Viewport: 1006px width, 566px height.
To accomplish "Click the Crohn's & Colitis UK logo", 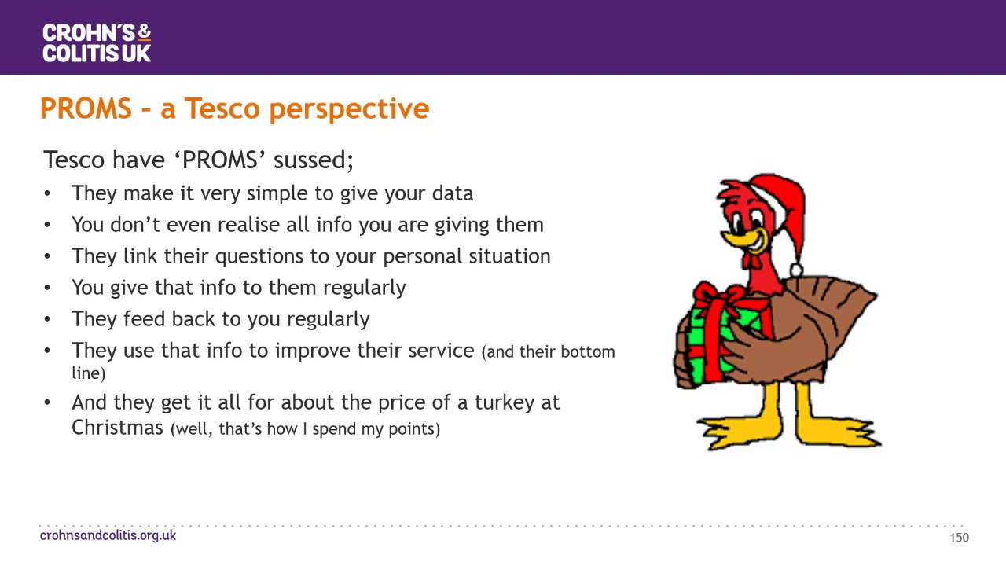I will (96, 42).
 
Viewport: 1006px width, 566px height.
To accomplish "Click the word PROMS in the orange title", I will (86, 108).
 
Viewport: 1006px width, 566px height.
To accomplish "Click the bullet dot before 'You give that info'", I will (47, 288).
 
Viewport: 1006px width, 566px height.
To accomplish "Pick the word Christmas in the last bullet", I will (117, 428).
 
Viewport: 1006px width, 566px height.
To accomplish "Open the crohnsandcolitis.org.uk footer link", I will (108, 535).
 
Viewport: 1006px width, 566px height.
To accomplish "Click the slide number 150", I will (959, 538).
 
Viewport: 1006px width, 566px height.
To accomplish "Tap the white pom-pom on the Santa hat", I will (796, 270).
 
